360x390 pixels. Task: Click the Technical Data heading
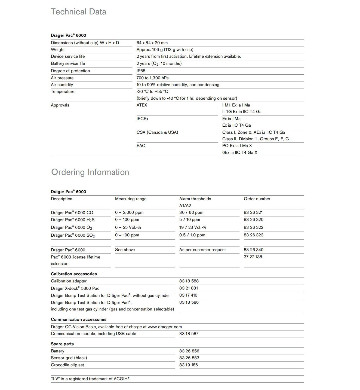78,12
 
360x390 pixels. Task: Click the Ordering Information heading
90,172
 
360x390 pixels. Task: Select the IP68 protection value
141,71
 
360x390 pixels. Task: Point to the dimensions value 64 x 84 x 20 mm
152,43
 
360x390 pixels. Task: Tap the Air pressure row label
62,78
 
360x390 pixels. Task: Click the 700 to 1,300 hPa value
152,78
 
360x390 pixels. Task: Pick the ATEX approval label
142,105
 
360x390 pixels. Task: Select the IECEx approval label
142,119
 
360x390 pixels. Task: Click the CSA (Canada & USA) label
157,132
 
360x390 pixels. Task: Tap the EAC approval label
141,146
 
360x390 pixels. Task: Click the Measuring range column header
131,199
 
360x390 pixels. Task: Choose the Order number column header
257,199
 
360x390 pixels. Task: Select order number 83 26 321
253,212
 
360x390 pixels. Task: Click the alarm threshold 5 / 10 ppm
189,220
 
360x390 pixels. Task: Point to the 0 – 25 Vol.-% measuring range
128,227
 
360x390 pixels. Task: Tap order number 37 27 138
253,257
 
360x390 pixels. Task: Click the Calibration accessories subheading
74,274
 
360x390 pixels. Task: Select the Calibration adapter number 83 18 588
189,281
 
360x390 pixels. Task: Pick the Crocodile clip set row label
67,365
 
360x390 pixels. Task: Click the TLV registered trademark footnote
91,379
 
